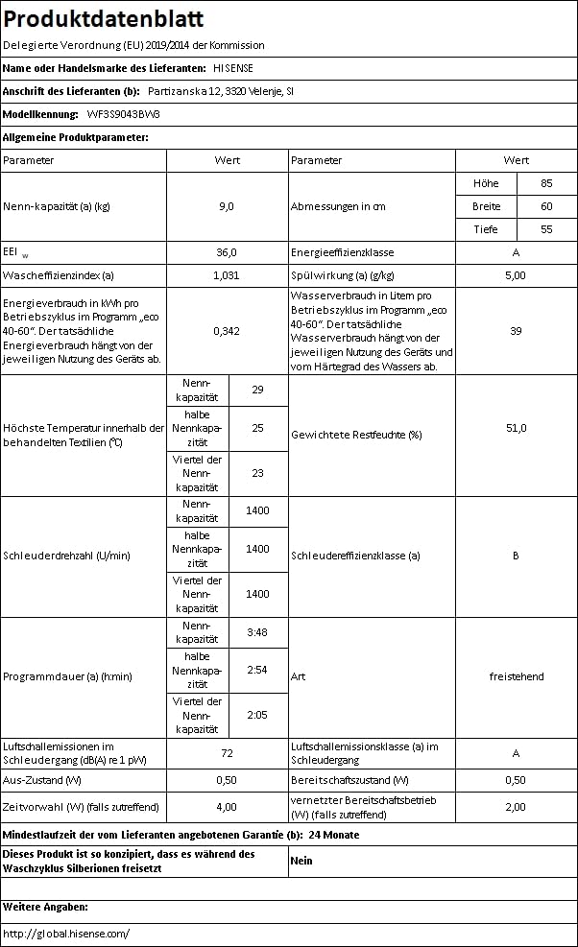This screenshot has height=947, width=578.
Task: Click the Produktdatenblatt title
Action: click(104, 20)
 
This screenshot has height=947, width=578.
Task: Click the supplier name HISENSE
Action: click(232, 68)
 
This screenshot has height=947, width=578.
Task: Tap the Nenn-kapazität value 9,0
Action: click(227, 206)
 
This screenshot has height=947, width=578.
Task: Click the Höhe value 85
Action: click(546, 183)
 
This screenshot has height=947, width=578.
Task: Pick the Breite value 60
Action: click(546, 206)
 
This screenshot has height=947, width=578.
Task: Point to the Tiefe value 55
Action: click(546, 229)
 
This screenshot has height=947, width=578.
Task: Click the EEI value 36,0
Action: click(227, 252)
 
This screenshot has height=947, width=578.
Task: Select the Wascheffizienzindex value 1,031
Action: click(227, 275)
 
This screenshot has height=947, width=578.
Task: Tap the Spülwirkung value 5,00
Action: click(516, 275)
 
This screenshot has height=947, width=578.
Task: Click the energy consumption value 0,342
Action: click(227, 330)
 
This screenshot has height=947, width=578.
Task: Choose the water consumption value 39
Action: click(516, 330)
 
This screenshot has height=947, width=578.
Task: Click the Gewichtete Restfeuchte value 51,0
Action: click(516, 428)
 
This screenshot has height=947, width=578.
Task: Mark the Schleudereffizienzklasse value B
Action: click(516, 556)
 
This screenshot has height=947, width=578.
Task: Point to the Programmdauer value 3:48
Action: click(257, 632)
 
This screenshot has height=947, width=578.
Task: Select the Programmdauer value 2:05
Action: click(257, 715)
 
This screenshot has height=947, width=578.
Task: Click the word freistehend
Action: click(516, 676)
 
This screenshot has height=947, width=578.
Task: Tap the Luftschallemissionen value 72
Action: click(227, 753)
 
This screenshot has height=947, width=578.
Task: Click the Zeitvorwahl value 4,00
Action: click(227, 807)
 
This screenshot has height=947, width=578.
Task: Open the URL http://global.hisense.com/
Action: click(66, 933)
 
